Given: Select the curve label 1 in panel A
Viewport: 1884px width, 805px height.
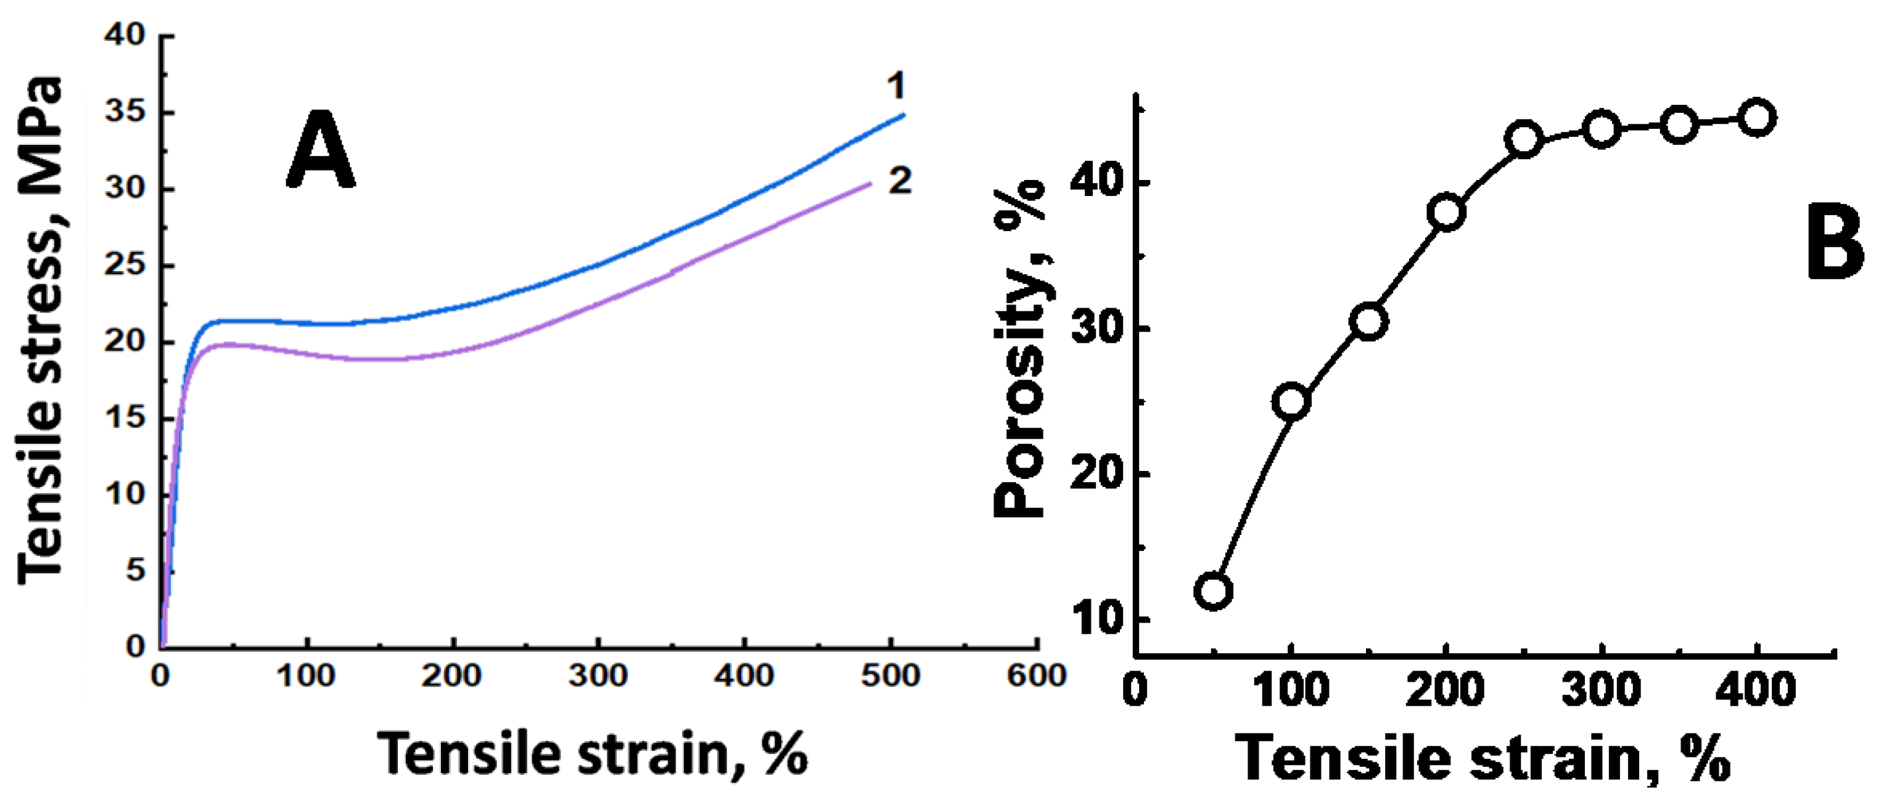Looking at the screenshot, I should (896, 86).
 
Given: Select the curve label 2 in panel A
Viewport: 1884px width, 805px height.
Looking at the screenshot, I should (900, 180).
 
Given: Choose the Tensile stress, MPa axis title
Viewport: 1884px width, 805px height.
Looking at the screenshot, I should (40, 329).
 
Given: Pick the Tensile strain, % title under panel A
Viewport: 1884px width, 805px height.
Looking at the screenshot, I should (593, 753).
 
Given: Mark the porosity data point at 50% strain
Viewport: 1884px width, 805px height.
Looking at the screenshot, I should (1213, 590).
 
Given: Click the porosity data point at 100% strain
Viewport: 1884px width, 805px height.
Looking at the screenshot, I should (1291, 401).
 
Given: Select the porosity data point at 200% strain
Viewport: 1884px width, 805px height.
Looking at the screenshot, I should (1447, 213).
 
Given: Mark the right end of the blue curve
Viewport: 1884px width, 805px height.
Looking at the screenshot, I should (905, 115).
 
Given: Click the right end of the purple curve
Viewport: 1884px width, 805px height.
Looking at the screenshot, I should (871, 183).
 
